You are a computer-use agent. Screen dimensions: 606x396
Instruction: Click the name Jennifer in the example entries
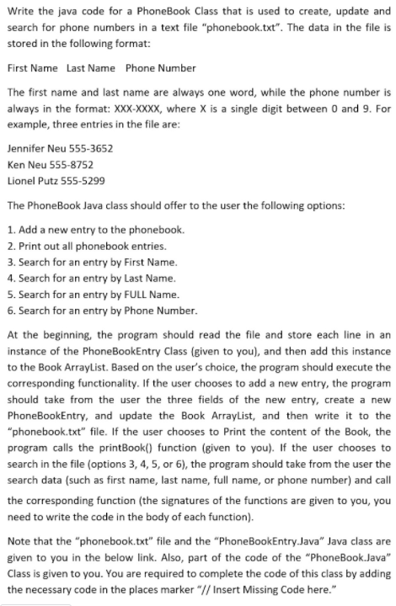24,147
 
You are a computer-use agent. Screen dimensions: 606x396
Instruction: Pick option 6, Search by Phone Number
101,310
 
